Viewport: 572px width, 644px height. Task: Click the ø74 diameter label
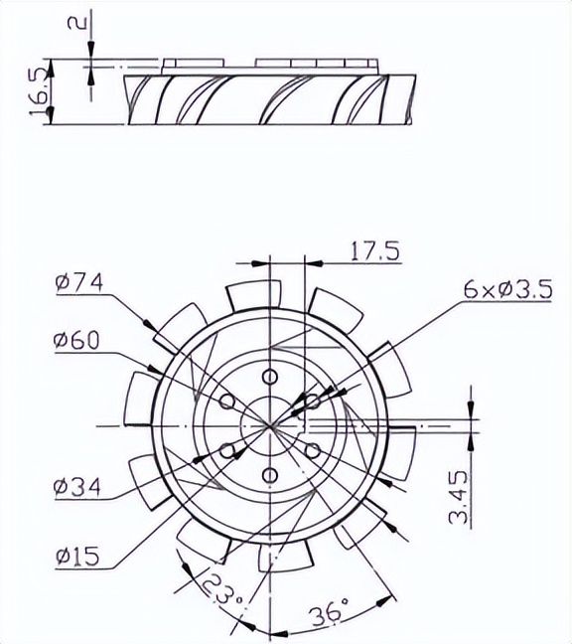coord(79,283)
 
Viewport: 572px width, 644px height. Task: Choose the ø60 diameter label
coord(76,341)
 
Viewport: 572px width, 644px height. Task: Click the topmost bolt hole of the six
coord(270,377)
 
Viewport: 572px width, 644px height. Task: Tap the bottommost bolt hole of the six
coord(270,474)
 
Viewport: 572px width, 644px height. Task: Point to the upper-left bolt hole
coord(227,401)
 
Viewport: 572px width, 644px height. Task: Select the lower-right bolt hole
coord(312,450)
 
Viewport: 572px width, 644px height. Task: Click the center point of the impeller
coord(270,425)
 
